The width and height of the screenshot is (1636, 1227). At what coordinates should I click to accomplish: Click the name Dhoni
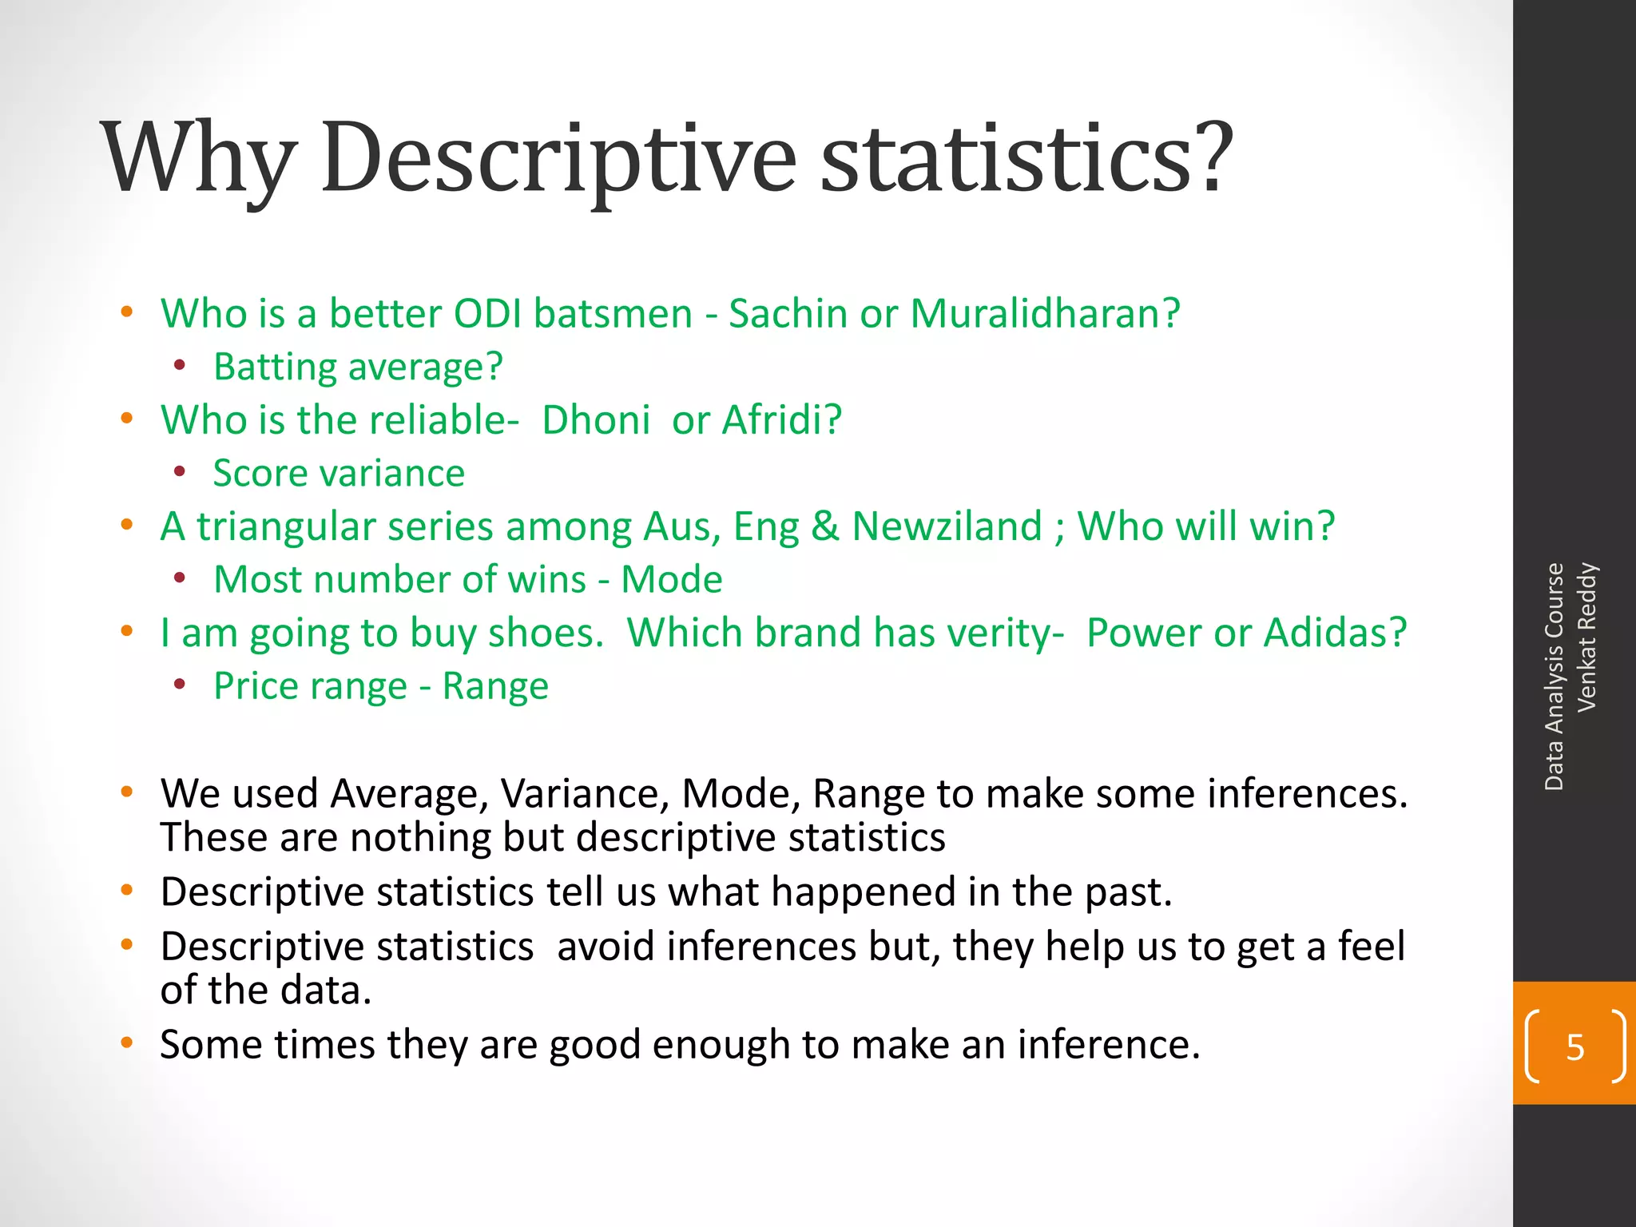596,420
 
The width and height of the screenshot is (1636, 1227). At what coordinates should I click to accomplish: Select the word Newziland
947,526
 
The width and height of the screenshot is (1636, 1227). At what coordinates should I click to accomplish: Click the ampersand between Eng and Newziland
824,526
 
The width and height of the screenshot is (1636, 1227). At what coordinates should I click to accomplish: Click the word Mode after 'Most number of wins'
672,579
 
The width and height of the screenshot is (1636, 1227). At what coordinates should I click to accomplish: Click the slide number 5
1574,1046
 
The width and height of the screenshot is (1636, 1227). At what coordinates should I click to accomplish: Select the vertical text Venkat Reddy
1586,637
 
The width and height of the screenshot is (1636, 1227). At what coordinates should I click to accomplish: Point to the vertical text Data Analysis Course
1554,677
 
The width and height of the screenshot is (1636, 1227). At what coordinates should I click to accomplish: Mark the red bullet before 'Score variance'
180,472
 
